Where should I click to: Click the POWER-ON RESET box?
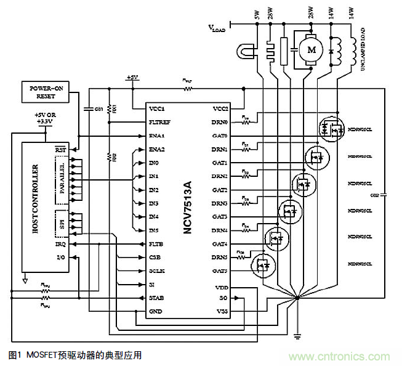[x=47, y=92]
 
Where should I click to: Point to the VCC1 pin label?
[x=156, y=108]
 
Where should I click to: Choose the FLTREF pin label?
[x=159, y=122]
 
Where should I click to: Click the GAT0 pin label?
[x=220, y=136]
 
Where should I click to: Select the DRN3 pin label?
[x=220, y=203]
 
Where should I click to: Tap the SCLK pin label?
[x=157, y=271]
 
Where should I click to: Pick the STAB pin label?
[x=157, y=298]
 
